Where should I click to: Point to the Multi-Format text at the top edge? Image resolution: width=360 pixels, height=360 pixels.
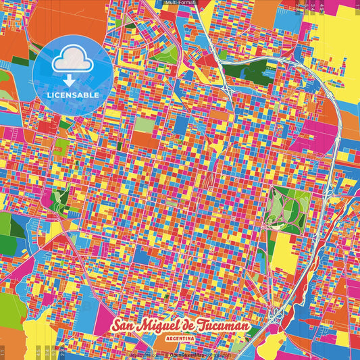(179, 3)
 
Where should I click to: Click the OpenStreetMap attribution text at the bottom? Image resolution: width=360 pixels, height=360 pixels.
(189, 354)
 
